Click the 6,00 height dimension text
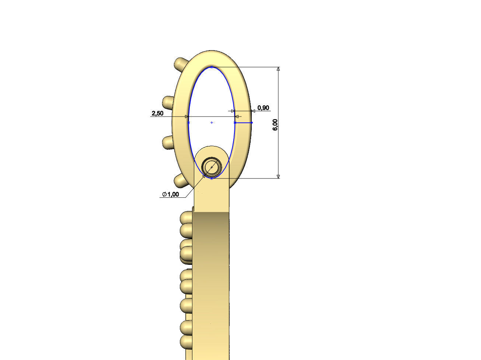coord(275,124)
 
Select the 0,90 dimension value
coord(263,108)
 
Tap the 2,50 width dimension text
coord(157,113)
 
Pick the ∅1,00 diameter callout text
coord(171,194)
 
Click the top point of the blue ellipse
coord(212,67)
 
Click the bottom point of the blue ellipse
coord(212,179)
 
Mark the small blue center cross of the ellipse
coord(212,122)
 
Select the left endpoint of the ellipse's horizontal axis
coord(188,122)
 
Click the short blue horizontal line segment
coord(243,122)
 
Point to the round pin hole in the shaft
coord(212,167)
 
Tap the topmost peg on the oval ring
coord(181,64)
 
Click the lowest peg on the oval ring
coord(180,180)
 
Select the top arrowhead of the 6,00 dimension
coord(278,69)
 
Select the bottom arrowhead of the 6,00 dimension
coord(278,176)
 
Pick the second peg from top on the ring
coord(168,102)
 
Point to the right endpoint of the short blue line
coord(252,122)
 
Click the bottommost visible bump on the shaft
coord(187,341)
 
